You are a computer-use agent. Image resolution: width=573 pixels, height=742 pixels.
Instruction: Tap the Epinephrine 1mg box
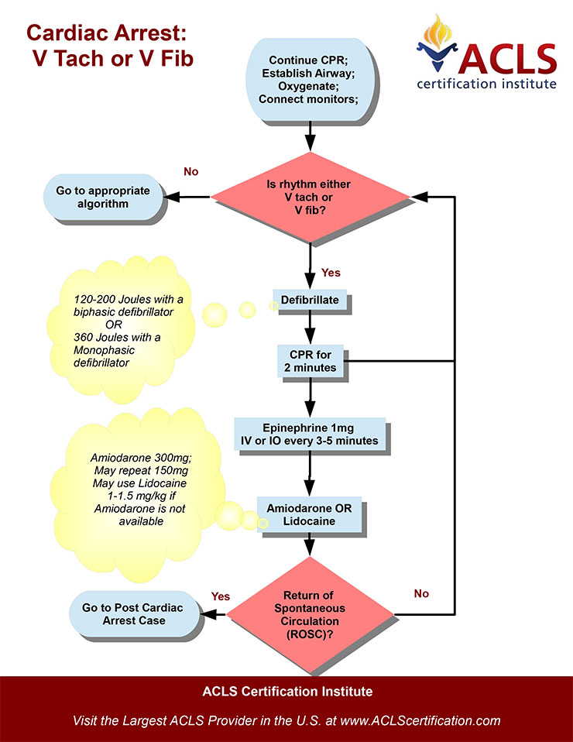point(309,434)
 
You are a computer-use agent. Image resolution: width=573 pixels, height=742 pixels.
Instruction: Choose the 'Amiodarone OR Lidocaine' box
point(310,515)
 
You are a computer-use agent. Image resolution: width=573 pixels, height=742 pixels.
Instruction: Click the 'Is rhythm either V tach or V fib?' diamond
point(310,198)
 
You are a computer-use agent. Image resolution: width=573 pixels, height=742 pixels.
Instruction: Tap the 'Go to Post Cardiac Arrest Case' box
point(132,614)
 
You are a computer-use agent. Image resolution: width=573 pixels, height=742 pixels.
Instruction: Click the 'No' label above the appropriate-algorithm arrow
point(192,171)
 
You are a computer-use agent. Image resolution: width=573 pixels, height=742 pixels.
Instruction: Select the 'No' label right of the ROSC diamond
point(421,593)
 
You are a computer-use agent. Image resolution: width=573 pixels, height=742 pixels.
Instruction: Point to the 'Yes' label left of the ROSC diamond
point(221,596)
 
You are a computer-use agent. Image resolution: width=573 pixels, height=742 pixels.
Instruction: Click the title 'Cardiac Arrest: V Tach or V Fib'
point(106,44)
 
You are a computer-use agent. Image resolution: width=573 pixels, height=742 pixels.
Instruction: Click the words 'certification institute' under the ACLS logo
point(486,82)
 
